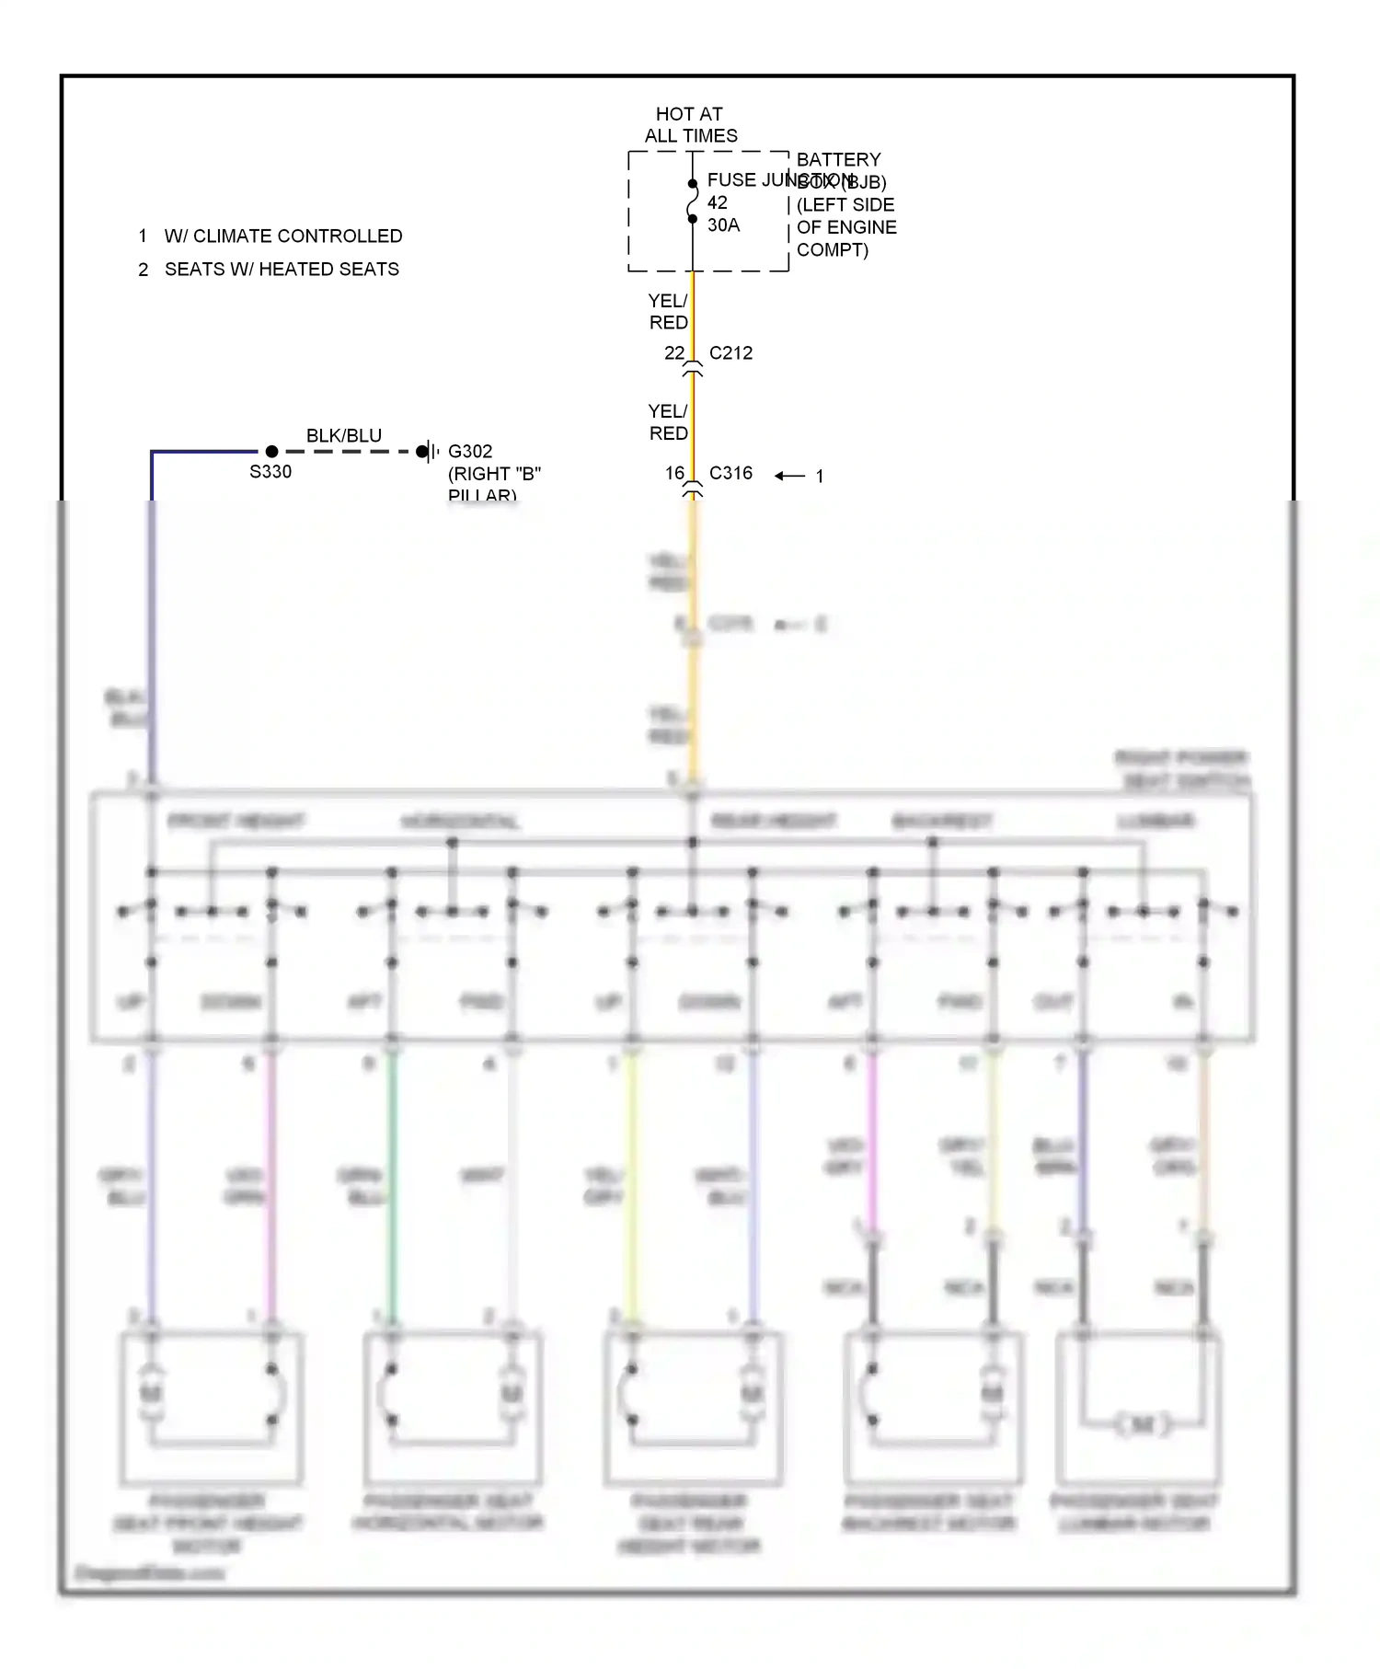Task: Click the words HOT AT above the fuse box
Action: click(x=688, y=114)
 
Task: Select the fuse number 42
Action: click(x=717, y=202)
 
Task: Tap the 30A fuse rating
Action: click(x=723, y=225)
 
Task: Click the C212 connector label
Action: click(x=730, y=353)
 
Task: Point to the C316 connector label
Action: click(x=730, y=473)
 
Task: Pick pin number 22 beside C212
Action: click(x=674, y=353)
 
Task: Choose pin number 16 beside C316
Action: click(x=674, y=473)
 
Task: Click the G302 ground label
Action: click(x=470, y=452)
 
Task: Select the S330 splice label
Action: click(x=270, y=472)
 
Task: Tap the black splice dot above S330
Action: click(x=271, y=452)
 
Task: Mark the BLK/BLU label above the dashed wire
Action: click(x=344, y=435)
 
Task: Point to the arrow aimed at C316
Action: click(x=789, y=476)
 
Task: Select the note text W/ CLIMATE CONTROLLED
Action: click(x=283, y=236)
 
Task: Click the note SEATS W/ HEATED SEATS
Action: click(x=282, y=270)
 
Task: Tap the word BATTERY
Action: click(x=838, y=160)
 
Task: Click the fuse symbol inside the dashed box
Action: click(x=693, y=201)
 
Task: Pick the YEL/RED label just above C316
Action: click(x=668, y=422)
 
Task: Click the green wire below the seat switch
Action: click(x=392, y=1187)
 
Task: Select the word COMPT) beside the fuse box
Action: click(x=832, y=250)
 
